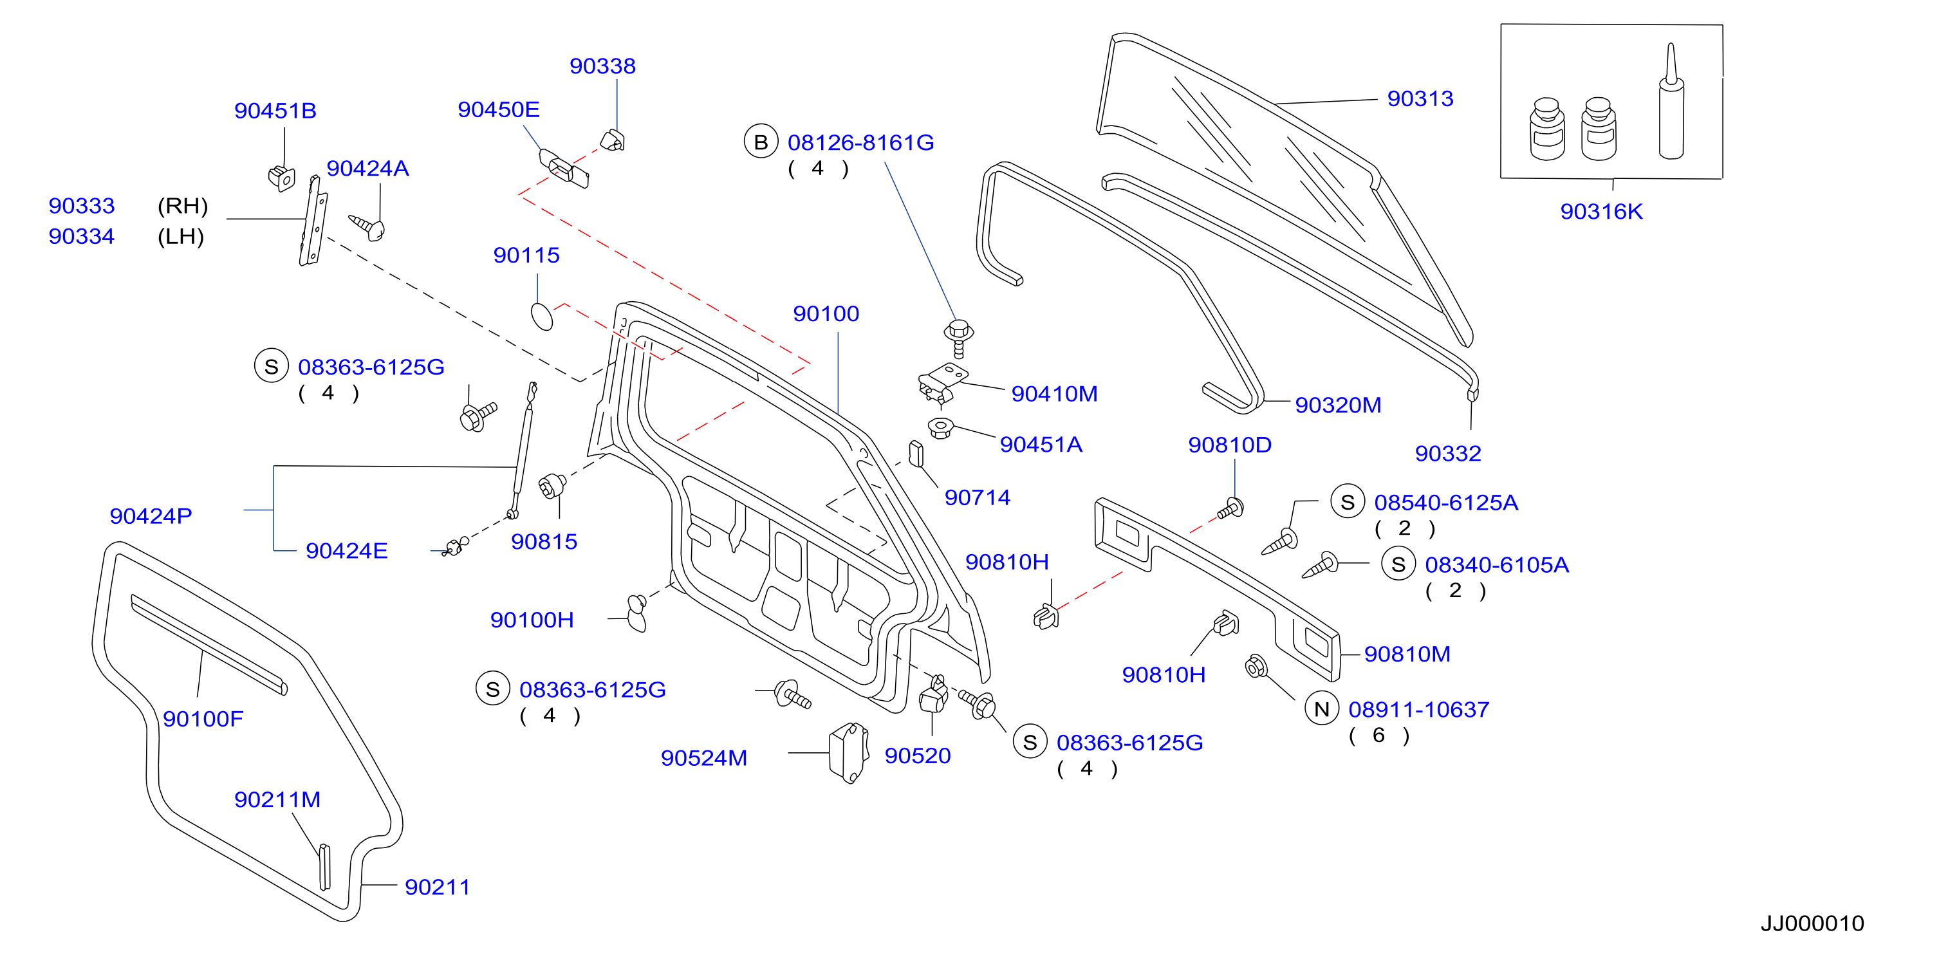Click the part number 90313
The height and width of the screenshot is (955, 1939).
click(x=1420, y=98)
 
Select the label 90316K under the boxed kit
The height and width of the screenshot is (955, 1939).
click(x=1601, y=212)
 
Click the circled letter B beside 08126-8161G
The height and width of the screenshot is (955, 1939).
click(x=761, y=142)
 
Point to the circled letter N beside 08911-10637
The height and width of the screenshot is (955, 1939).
click(x=1322, y=709)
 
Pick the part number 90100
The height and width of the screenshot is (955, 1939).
click(x=826, y=314)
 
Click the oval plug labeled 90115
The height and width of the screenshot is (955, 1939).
click(x=542, y=317)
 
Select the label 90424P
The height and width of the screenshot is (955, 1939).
click(x=151, y=516)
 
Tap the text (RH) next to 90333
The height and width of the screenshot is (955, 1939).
click(x=182, y=205)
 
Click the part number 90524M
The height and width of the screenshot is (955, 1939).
click(x=704, y=758)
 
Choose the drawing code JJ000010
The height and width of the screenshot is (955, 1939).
click(x=1812, y=923)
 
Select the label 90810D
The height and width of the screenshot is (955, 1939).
click(x=1230, y=445)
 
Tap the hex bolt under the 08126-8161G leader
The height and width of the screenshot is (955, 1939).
click(x=958, y=338)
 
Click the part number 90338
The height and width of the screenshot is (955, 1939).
click(x=602, y=66)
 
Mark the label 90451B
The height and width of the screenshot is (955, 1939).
click(x=275, y=111)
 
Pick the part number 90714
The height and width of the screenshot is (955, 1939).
click(x=977, y=497)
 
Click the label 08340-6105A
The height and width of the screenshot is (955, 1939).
click(x=1496, y=564)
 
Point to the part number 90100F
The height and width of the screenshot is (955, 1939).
click(x=203, y=719)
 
